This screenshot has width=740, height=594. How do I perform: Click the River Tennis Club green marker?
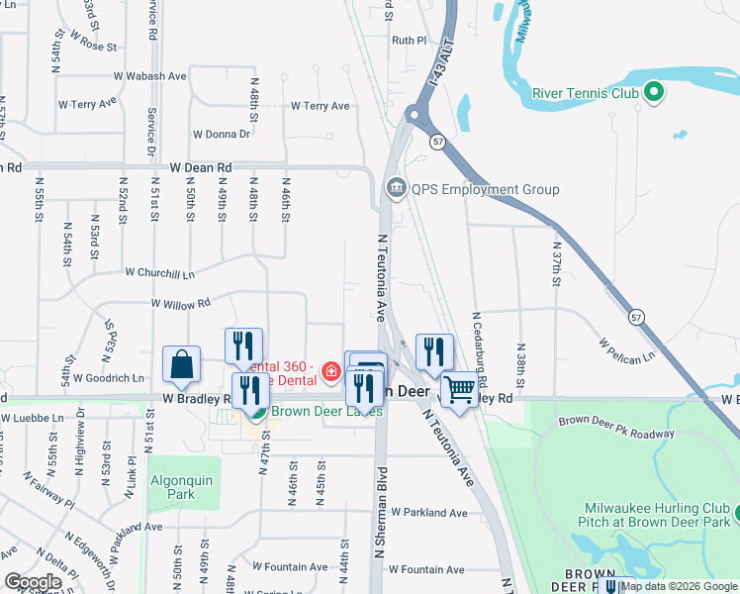tap(653, 94)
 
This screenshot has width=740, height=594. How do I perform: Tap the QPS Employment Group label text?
tap(485, 190)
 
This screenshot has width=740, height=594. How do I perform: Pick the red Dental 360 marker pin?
tap(330, 374)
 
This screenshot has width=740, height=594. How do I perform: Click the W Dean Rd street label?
tap(200, 168)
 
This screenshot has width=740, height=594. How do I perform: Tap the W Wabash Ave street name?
tap(150, 75)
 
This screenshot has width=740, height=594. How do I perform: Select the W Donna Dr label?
tap(222, 135)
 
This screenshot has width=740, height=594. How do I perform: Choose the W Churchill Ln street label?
tap(159, 272)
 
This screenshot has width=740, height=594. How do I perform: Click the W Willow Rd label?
tap(181, 304)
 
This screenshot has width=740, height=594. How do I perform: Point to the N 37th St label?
tap(557, 264)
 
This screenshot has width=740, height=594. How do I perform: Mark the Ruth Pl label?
tap(409, 41)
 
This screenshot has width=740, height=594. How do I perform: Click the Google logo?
tap(33, 582)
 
